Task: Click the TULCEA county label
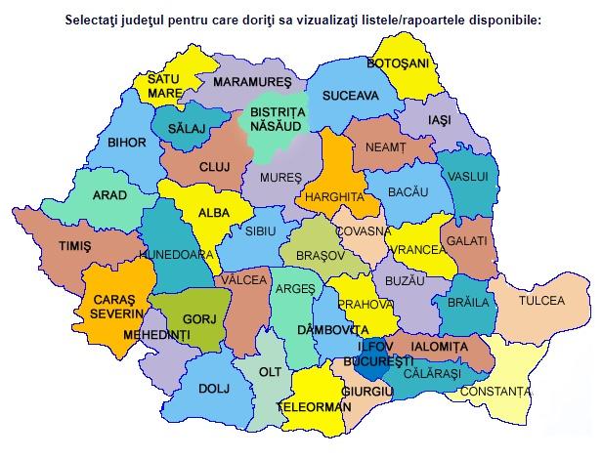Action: tap(542, 300)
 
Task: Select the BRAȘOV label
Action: tap(312, 254)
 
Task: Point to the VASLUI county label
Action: tap(466, 176)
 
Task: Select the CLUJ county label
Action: tap(213, 167)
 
